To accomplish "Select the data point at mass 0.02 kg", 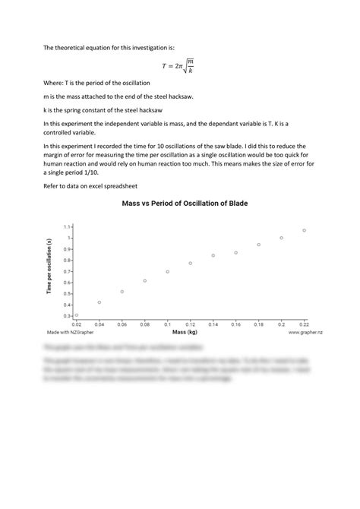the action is [77, 315].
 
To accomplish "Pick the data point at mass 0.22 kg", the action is [304, 230].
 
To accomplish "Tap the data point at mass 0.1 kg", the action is [168, 271].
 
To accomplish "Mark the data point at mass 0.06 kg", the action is [122, 292].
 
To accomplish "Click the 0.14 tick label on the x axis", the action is [213, 324].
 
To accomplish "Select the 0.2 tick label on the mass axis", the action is [281, 324].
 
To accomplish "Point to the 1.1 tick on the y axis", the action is [67, 227].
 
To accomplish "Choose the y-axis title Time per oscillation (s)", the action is [49, 270].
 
